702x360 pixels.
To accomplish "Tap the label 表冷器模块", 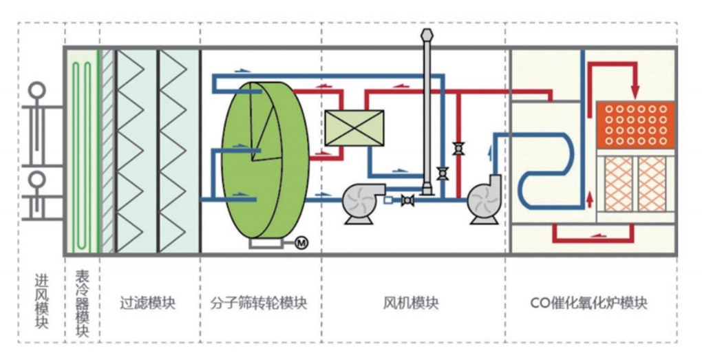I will coord(82,303).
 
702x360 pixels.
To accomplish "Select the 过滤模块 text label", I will coord(148,302).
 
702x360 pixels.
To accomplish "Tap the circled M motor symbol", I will coord(300,242).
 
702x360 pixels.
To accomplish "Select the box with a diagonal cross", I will coord(354,129).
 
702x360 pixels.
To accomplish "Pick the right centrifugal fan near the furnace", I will coord(486,200).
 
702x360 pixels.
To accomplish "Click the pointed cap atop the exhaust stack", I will coord(426,34).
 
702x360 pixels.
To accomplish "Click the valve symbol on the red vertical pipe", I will coord(457,147).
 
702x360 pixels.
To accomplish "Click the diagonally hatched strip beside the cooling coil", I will coord(108,151).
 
